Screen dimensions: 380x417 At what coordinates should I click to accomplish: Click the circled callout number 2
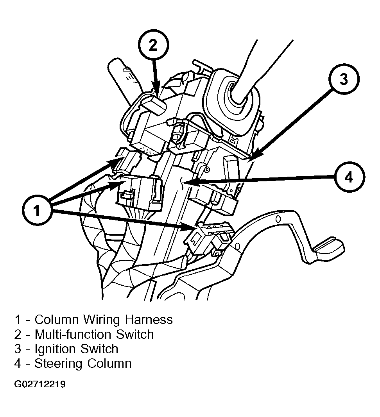pyautogui.click(x=153, y=46)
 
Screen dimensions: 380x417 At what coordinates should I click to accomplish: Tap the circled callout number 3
pyautogui.click(x=343, y=79)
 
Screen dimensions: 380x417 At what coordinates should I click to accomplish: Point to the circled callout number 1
pyautogui.click(x=37, y=210)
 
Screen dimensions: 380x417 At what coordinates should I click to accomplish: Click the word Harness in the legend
pyautogui.click(x=149, y=319)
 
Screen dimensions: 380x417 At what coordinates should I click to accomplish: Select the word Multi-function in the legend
pyautogui.click(x=72, y=334)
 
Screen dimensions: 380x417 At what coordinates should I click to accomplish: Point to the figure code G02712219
pyautogui.click(x=40, y=384)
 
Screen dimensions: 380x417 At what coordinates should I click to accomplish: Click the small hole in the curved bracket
pyautogui.click(x=278, y=219)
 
